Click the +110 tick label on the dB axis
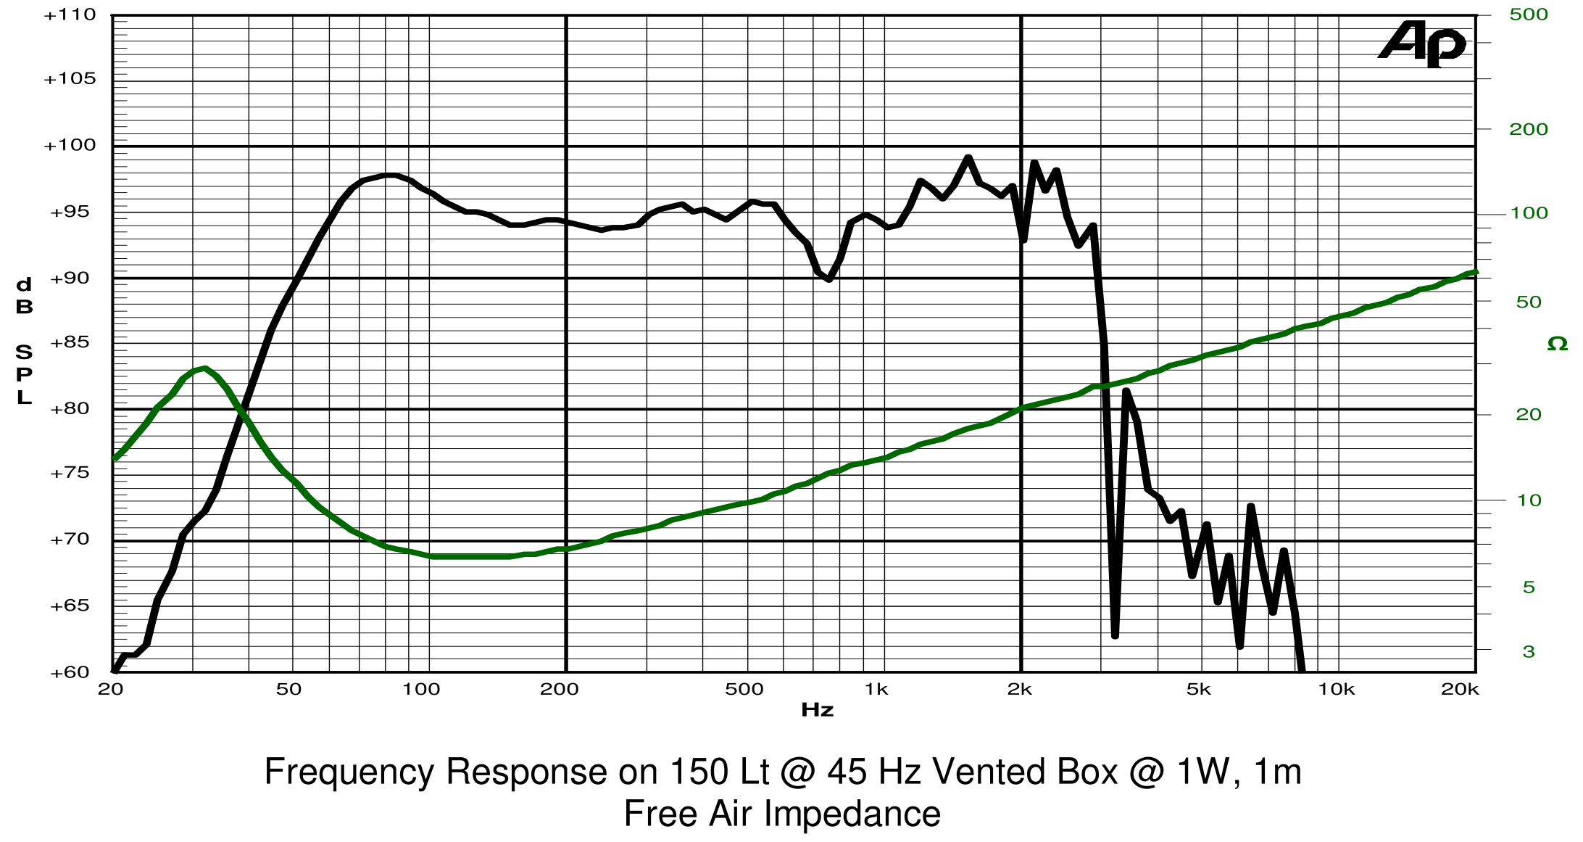[70, 15]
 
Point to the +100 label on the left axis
[70, 145]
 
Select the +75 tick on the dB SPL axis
[70, 473]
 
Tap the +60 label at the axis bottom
[70, 672]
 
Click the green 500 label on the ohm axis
[1529, 15]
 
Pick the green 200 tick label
[1529, 129]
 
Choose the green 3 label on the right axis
[1529, 651]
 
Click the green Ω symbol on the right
[1557, 344]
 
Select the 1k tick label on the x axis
[876, 690]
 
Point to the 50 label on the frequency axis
[288, 690]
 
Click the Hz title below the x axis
[817, 710]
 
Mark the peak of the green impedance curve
[205, 368]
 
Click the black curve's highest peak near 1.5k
[968, 157]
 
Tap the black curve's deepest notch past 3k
[1115, 635]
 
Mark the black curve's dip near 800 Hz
[828, 279]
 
